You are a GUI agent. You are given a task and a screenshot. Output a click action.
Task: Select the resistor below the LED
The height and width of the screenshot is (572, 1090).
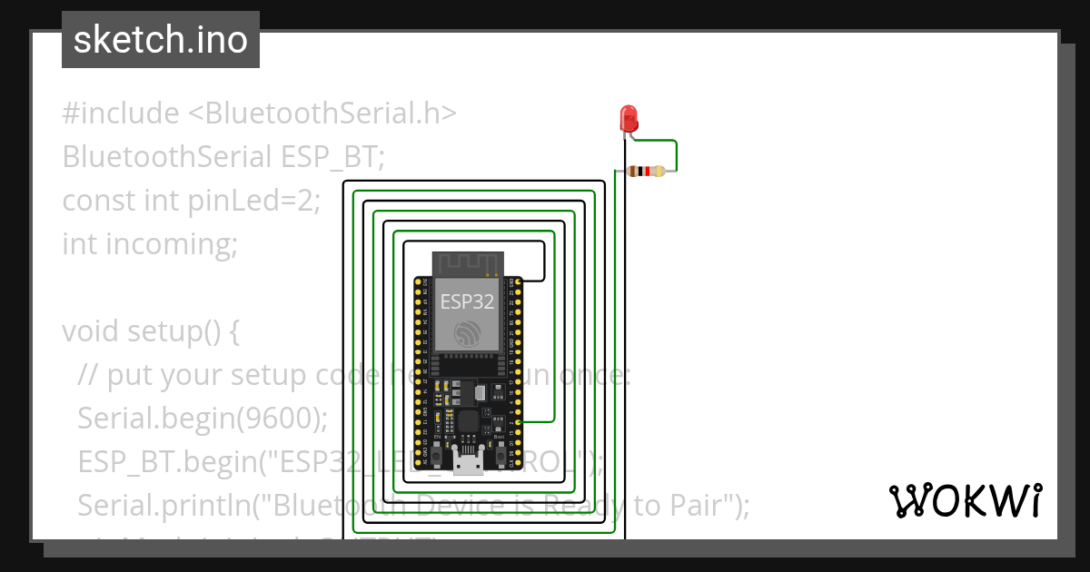tap(647, 171)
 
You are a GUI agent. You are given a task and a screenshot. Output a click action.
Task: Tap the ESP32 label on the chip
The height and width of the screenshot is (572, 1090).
tap(467, 301)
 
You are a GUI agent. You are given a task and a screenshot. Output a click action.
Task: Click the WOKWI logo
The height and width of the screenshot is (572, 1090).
tap(965, 500)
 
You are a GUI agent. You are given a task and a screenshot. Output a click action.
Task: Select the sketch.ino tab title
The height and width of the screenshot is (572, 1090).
tap(160, 40)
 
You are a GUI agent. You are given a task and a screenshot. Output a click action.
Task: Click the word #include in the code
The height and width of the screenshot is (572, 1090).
tap(121, 113)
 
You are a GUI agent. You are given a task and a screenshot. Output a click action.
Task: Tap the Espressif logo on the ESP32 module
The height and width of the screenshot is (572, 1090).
tap(468, 332)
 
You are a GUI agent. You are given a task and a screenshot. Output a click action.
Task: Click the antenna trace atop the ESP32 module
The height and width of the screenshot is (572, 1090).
tap(468, 263)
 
